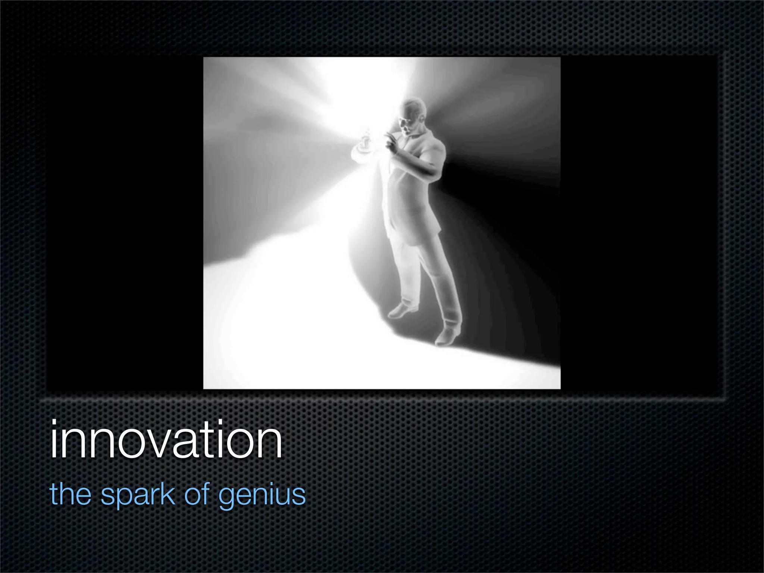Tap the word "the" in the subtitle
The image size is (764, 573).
[x=71, y=494]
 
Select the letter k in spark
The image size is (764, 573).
[x=168, y=494]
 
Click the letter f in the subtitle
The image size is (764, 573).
[x=207, y=493]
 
